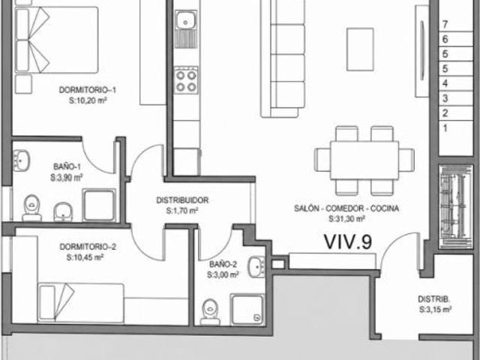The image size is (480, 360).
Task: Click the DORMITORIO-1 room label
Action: coord(88,90)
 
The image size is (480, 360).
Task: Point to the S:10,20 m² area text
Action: coord(88,100)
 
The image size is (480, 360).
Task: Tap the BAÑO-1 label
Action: coord(67,166)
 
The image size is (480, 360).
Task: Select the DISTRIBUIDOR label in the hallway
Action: coord(182,200)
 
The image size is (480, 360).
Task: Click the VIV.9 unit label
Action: coord(348,241)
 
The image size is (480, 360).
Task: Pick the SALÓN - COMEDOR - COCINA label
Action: coord(346,208)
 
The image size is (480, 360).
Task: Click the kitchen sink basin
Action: coord(186,21)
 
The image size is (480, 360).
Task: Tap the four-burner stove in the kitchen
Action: coord(186,81)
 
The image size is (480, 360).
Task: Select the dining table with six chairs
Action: coord(364,160)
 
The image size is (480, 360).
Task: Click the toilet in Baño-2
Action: coord(210,311)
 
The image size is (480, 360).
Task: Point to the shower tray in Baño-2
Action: coord(247,310)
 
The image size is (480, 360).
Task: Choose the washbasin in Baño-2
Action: coord(256,267)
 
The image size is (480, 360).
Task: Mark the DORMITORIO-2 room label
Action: coord(88,247)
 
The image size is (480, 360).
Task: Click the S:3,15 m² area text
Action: coord(435,310)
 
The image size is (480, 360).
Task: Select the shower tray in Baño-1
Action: coord(99,205)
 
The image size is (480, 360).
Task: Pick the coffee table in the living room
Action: coord(360,49)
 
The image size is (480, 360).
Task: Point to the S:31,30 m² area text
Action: coord(346,218)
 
